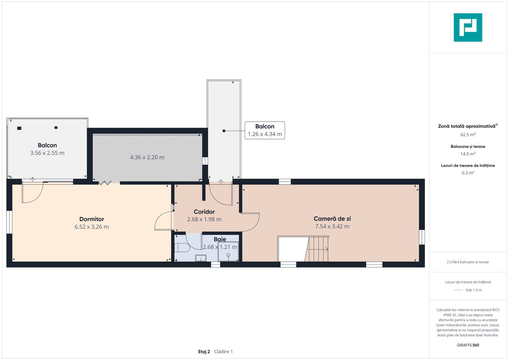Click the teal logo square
(x=468, y=27)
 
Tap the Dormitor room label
(x=92, y=219)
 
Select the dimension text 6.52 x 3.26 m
(x=92, y=227)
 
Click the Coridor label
(x=204, y=212)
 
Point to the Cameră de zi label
(x=332, y=219)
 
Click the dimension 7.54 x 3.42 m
(x=332, y=226)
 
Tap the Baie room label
(x=220, y=239)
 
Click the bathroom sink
(x=201, y=258)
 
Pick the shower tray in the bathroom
(x=228, y=252)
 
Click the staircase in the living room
(x=317, y=249)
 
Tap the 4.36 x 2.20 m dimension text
(x=147, y=157)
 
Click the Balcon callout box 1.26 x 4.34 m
(x=265, y=130)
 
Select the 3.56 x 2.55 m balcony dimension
(x=47, y=153)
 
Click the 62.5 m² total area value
(x=468, y=135)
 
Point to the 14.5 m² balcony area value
(x=468, y=154)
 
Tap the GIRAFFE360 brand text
(x=468, y=345)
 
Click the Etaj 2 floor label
(x=204, y=352)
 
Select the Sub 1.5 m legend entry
(x=474, y=290)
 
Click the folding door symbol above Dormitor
(x=105, y=183)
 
